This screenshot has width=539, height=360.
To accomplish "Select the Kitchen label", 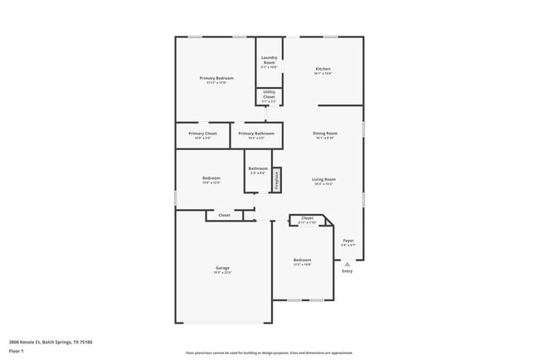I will [x=323, y=69].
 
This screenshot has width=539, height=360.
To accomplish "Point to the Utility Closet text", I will [x=269, y=95].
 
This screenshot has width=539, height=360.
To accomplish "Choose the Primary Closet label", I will [x=202, y=133].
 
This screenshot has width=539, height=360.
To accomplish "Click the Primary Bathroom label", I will [x=256, y=133].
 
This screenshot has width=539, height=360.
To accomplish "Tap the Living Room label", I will [x=323, y=179].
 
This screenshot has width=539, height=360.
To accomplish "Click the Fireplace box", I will [x=277, y=180].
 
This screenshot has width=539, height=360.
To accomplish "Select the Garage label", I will [x=222, y=268].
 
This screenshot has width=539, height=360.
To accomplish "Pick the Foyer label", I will [x=348, y=241].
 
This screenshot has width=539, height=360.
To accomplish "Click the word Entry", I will [x=347, y=271].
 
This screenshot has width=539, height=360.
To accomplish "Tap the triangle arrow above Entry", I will [x=347, y=264].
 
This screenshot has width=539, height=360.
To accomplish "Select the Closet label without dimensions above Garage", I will [x=224, y=215].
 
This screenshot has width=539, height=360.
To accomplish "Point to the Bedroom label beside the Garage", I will [x=302, y=260].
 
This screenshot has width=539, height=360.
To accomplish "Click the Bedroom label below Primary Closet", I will [x=211, y=178].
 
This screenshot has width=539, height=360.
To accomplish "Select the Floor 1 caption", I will [x=16, y=351].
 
